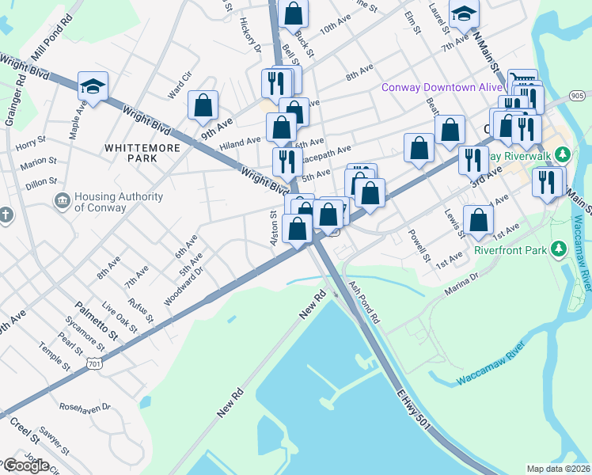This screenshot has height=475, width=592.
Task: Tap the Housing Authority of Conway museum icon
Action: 61,202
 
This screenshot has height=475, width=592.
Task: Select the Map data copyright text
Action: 558,469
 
